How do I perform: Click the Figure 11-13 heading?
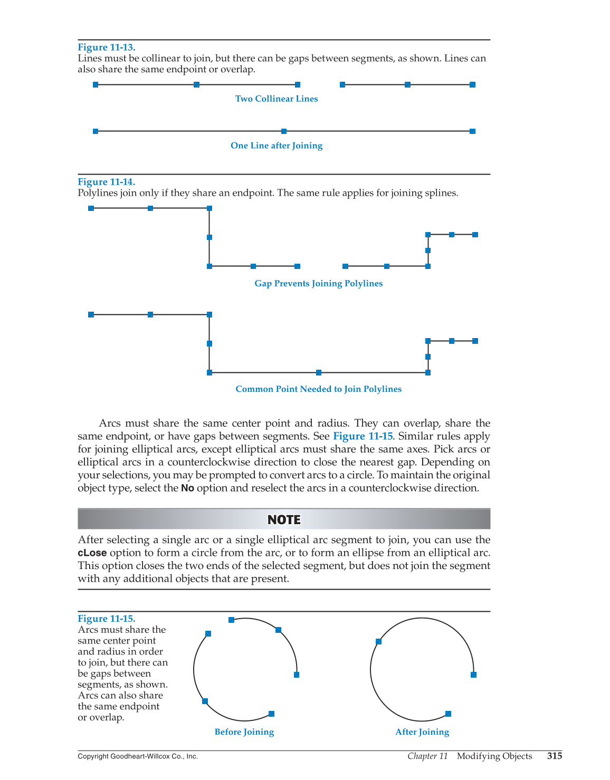[x=106, y=47]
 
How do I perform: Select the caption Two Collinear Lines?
[x=277, y=99]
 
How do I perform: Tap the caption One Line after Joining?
[x=277, y=146]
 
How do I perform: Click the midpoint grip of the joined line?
[x=284, y=131]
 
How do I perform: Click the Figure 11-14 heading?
[x=106, y=182]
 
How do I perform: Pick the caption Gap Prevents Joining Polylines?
[x=318, y=284]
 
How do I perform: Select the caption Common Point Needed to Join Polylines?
[x=318, y=389]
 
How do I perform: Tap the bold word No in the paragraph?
[x=187, y=488]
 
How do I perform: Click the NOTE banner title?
[x=284, y=519]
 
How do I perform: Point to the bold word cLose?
[x=92, y=553]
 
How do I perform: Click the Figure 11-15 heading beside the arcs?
[x=106, y=619]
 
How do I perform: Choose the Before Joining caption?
[x=244, y=732]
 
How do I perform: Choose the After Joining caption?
[x=422, y=732]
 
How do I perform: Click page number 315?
[x=555, y=756]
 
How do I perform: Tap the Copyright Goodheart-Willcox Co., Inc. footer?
[x=138, y=756]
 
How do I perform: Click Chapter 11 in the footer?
[x=427, y=756]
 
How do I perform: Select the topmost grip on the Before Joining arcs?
[x=231, y=620]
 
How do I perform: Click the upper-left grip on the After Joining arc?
[x=378, y=641]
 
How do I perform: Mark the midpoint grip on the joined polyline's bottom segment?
[x=319, y=373]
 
